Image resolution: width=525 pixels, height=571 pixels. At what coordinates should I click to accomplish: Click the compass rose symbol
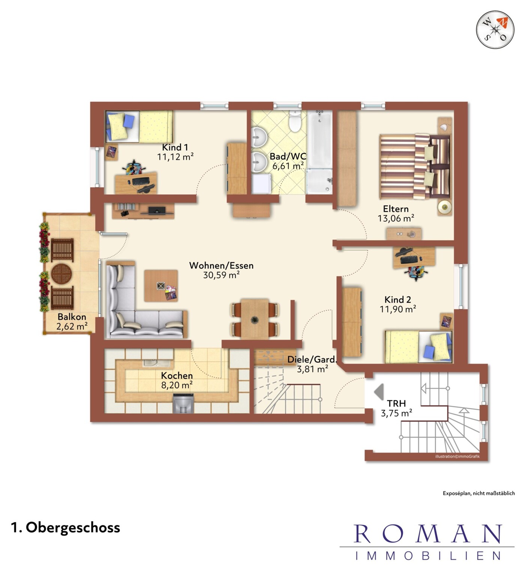point(495,30)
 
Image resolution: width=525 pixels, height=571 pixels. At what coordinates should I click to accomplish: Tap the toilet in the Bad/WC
point(295,121)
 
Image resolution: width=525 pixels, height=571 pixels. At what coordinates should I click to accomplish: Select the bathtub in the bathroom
point(320,139)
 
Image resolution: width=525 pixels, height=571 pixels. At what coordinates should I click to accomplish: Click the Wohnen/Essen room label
point(221,266)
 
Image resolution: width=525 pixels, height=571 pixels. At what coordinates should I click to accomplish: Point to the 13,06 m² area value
point(396,218)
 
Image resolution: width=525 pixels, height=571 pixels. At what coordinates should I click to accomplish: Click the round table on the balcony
point(62,273)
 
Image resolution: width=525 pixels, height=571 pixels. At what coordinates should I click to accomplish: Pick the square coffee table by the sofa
point(161,286)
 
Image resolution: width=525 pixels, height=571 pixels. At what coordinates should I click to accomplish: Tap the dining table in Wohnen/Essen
point(255,319)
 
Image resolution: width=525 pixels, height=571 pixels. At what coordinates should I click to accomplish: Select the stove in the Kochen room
point(184,403)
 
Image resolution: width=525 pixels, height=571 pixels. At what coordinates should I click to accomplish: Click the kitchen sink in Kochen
point(157,363)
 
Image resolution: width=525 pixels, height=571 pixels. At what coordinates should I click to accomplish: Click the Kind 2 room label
point(397,299)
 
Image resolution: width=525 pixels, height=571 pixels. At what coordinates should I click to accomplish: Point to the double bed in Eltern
point(415,167)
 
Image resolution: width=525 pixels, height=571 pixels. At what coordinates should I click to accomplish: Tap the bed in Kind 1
point(139,127)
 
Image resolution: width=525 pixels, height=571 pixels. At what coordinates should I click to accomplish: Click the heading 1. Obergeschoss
point(66,527)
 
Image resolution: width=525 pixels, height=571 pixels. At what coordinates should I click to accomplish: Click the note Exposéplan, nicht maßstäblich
point(478,493)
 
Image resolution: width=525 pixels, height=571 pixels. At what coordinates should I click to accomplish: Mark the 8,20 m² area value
point(177,385)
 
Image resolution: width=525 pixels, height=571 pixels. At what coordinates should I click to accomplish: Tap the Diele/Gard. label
point(312,359)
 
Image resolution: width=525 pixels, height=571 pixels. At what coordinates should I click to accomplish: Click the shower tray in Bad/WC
point(319,181)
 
